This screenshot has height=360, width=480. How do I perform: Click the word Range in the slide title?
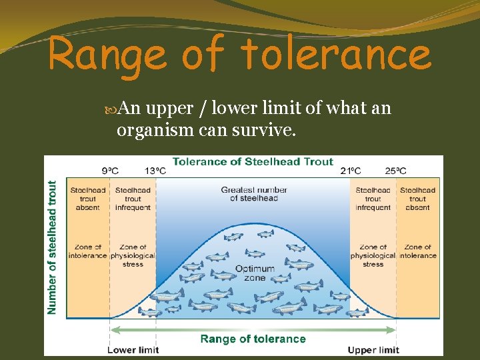tap(107, 55)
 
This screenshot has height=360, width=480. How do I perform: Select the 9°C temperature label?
tap(111, 171)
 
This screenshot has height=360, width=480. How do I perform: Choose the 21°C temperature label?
tap(351, 171)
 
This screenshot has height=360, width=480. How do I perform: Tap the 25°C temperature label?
tap(395, 171)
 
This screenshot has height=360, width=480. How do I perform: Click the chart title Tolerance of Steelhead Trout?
tap(253, 161)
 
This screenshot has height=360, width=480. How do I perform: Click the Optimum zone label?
tap(255, 273)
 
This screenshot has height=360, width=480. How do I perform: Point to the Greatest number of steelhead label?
tap(254, 194)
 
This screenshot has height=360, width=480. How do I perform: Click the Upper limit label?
tap(373, 350)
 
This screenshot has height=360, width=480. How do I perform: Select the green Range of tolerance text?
tap(253, 339)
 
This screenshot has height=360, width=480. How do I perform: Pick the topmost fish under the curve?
tap(265, 234)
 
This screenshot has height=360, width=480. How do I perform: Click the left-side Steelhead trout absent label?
tap(87, 199)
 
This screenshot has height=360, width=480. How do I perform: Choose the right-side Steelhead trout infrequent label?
tap(373, 199)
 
